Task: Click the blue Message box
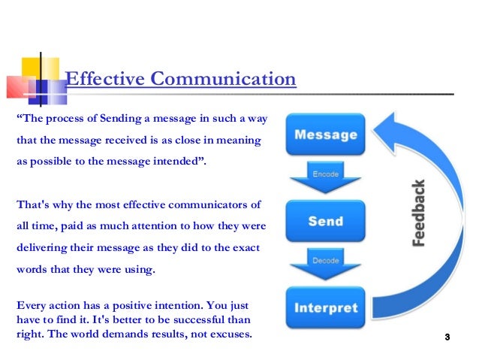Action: click(x=325, y=136)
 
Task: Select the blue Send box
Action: click(x=325, y=222)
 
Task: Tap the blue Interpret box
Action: click(x=325, y=308)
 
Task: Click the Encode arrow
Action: click(x=325, y=177)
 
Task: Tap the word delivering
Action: click(x=42, y=247)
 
